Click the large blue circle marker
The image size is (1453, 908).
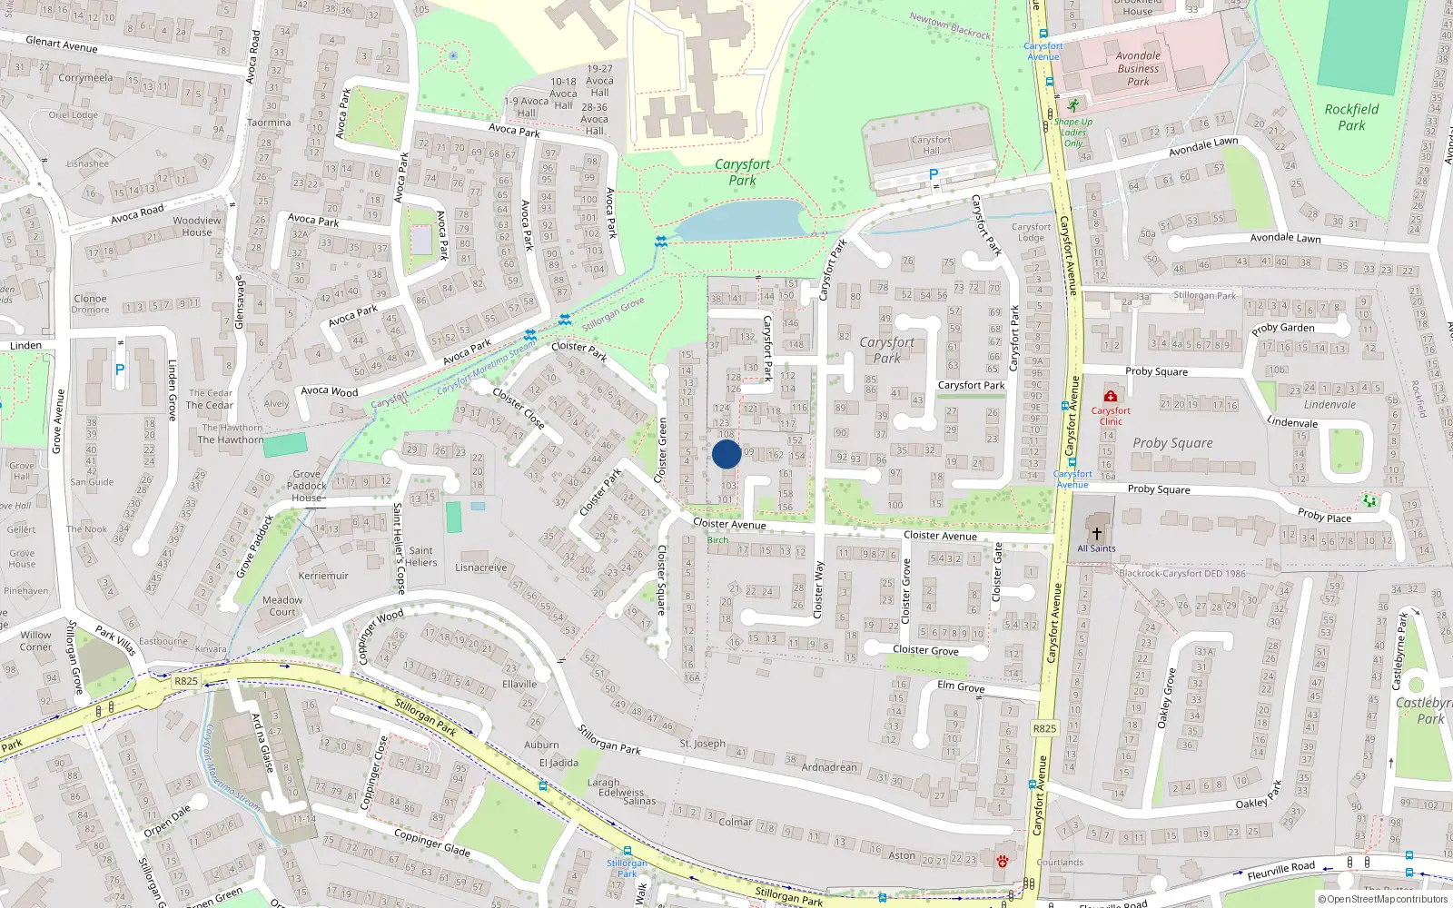(x=726, y=454)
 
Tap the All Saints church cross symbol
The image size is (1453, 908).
(x=1096, y=534)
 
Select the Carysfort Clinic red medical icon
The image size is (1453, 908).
(x=1110, y=397)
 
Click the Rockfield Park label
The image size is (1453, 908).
(x=1351, y=117)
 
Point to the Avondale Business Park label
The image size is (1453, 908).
(x=1138, y=69)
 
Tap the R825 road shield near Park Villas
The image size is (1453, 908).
(x=186, y=681)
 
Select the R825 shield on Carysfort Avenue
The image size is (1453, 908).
(x=1044, y=728)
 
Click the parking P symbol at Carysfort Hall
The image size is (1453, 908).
(x=933, y=174)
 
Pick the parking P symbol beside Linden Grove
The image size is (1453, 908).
(x=120, y=370)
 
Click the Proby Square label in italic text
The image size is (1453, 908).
(x=1172, y=443)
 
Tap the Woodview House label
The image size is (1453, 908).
(x=197, y=226)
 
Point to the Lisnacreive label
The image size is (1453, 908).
(x=481, y=567)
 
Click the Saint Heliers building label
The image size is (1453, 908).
(x=421, y=557)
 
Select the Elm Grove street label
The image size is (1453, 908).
(x=961, y=686)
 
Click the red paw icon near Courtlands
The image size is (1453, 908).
(x=1003, y=861)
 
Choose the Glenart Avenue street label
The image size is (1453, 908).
(x=62, y=44)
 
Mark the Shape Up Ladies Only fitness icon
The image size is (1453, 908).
(x=1074, y=105)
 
